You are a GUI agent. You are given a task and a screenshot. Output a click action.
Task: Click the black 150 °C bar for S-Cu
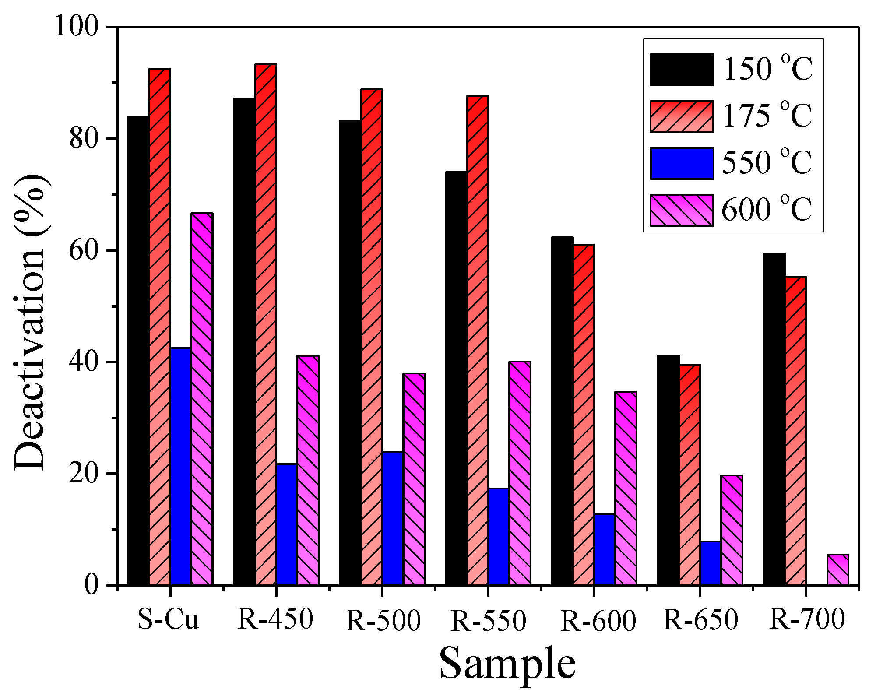138,350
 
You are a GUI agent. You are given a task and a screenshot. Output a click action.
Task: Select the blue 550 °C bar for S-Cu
181,466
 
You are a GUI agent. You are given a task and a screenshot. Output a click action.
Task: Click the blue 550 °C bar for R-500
393,519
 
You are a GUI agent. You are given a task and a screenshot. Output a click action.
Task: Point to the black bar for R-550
456,378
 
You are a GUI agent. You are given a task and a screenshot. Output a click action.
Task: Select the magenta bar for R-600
626,488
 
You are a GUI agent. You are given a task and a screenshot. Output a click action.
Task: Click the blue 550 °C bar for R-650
711,563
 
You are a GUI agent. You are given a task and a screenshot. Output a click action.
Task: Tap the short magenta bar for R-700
838,570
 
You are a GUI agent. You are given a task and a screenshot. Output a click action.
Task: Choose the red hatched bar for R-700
795,431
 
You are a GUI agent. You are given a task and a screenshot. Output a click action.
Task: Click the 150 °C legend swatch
682,70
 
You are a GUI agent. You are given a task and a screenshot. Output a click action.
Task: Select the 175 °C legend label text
767,116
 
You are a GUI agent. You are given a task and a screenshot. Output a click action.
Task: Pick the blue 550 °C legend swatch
682,163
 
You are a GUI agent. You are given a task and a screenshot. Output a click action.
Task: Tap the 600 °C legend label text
767,210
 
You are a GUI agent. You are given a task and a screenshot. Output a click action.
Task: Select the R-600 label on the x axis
598,621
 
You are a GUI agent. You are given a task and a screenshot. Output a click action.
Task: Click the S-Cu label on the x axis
169,619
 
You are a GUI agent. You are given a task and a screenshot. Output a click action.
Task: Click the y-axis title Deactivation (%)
31,322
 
